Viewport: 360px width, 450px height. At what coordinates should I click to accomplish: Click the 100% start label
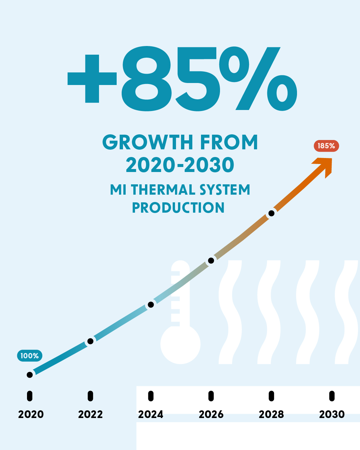tap(30, 356)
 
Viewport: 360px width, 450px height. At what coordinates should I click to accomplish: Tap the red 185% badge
tap(326, 146)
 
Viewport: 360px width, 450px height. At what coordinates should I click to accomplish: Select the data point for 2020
tap(30, 375)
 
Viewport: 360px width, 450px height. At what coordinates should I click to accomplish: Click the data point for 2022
tap(90, 341)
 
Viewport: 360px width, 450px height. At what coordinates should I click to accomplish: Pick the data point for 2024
tap(151, 305)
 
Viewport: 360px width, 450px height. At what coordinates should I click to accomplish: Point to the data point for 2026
tap(211, 260)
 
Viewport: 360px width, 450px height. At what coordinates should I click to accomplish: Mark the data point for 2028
tap(271, 213)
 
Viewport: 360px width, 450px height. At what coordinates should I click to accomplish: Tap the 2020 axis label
tap(31, 414)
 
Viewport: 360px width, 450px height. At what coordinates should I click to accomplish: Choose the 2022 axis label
tap(90, 414)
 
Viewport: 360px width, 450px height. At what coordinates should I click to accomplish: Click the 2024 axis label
tap(151, 414)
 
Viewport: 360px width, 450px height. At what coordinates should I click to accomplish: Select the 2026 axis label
tap(211, 414)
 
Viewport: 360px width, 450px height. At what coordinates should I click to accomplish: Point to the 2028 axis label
tap(271, 414)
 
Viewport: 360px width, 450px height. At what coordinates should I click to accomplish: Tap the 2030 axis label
tap(332, 414)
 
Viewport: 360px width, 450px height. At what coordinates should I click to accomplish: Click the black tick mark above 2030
tap(332, 396)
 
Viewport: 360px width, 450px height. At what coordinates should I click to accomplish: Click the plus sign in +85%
tap(92, 79)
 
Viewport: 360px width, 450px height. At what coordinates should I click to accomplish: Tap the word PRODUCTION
tap(178, 208)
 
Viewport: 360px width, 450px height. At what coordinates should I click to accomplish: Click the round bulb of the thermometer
tap(180, 344)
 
